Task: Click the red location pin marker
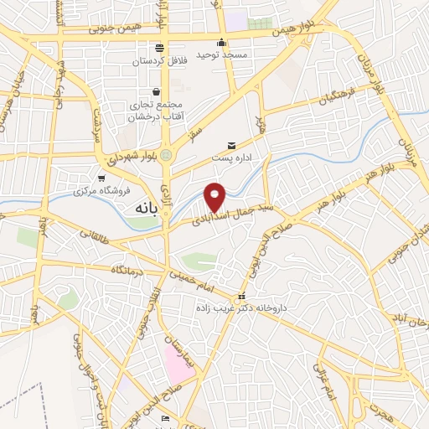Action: point(215,196)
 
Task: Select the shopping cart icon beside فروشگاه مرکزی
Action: point(102,178)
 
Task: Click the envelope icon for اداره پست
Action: point(232,145)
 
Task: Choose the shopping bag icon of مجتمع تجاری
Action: point(156,92)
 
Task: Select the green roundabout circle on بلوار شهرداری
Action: point(166,155)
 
